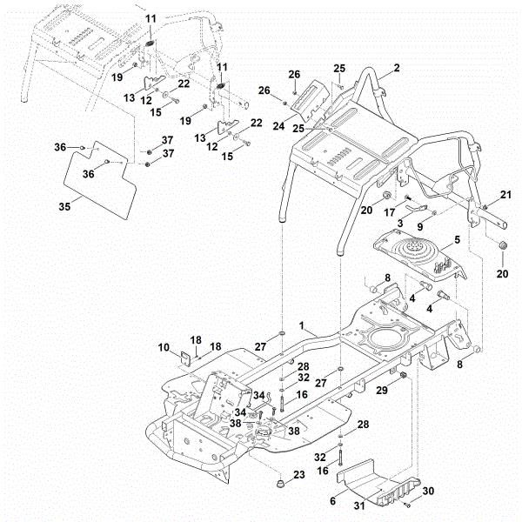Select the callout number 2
point(396,67)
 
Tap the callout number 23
point(299,474)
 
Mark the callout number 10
point(165,349)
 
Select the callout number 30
point(426,492)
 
